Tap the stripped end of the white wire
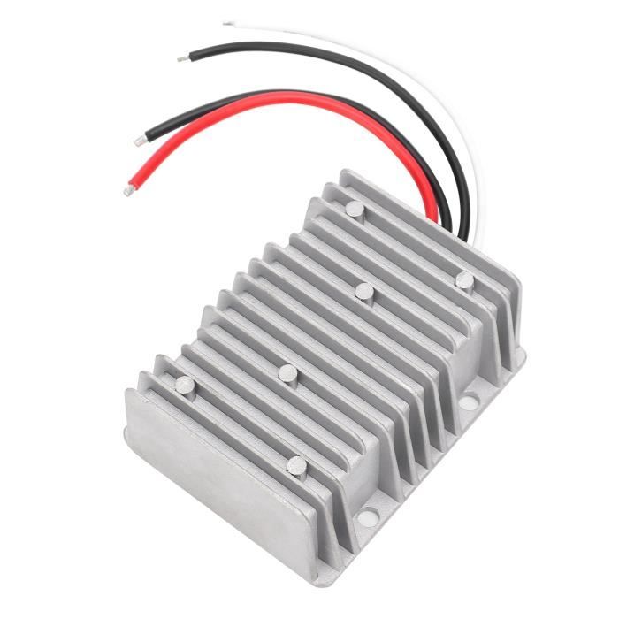click(228, 24)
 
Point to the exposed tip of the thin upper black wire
click(181, 59)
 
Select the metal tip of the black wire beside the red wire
click(140, 140)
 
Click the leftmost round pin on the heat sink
click(185, 385)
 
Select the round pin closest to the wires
click(354, 210)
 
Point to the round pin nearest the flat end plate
click(297, 466)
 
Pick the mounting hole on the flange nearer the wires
click(468, 402)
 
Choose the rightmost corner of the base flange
click(522, 354)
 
